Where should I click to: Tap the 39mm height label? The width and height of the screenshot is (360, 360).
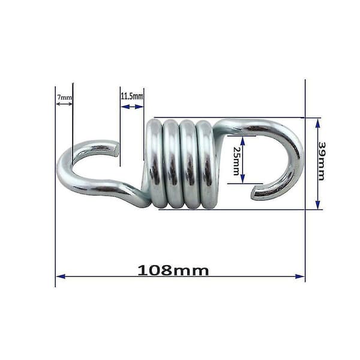pos(322,161)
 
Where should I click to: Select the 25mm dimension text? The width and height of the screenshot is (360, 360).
pos(236,161)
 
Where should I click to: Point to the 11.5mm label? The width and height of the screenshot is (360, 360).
pos(132,96)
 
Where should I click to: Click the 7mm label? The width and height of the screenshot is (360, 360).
pos(65,97)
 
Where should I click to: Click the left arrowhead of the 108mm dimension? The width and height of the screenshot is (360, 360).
pos(61,276)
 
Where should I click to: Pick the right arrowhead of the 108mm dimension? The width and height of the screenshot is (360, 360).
pos(300,276)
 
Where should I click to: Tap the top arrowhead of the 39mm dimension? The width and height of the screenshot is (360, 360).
pos(318,123)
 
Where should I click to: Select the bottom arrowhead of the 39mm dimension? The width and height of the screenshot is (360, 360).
pos(318,205)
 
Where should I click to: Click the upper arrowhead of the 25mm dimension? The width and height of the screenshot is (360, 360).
pos(243,140)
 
